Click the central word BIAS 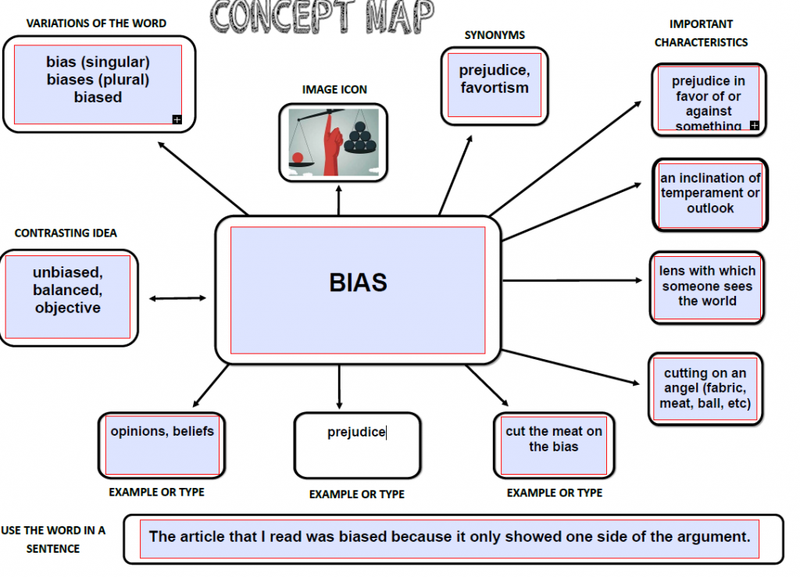[x=358, y=283]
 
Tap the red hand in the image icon [x=333, y=145]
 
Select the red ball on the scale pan [x=298, y=157]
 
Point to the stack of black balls [x=360, y=137]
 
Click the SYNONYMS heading [x=495, y=35]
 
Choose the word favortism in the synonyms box [x=495, y=87]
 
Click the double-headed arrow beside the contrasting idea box [x=177, y=298]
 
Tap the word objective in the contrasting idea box [x=68, y=308]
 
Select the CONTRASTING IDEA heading [x=66, y=233]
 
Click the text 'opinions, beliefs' [x=162, y=431]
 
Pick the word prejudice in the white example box [x=356, y=433]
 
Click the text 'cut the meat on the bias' [x=554, y=439]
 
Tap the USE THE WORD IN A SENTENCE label [x=53, y=540]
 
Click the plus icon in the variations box [x=177, y=119]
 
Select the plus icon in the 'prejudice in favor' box [x=754, y=126]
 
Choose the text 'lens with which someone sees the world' [x=707, y=286]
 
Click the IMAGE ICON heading [x=334, y=90]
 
